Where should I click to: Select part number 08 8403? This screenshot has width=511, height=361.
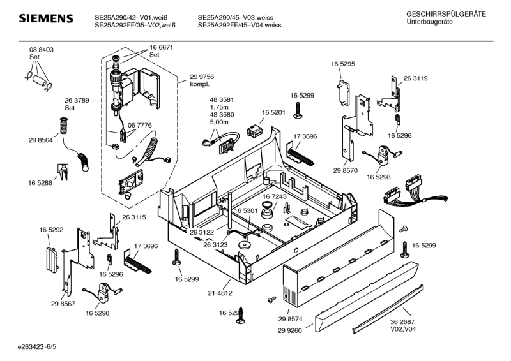pos(41,50)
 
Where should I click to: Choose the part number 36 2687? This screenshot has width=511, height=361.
pos(404,322)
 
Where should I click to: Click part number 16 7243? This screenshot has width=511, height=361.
pos(274,197)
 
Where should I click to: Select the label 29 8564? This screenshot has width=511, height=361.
pos(40,140)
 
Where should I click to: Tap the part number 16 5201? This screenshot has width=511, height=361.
pos(273,112)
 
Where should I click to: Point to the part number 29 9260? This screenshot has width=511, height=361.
pos(291,330)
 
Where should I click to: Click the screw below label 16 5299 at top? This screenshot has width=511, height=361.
pos(298,112)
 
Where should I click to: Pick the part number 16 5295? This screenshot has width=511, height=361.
pos(343,64)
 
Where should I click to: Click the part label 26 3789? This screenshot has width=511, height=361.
pos(77,100)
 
